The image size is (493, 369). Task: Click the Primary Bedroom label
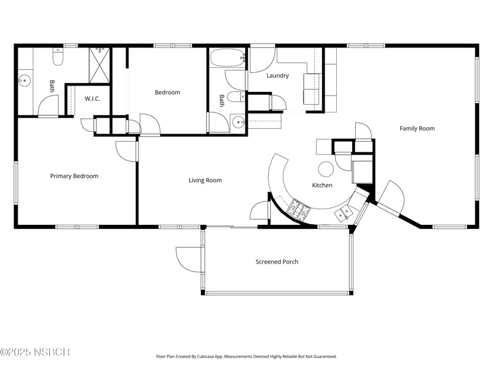coord(74,176)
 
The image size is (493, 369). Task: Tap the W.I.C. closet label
coord(92,98)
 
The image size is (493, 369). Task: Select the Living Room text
coord(205,180)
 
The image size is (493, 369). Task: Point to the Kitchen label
coord(322,185)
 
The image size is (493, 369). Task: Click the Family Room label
coord(417,128)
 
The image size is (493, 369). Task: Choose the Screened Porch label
coord(276,261)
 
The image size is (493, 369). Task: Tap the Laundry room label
coord(278,76)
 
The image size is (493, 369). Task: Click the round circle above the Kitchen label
coord(326,170)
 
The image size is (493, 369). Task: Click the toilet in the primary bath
coord(58,57)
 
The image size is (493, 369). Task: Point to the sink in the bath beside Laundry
coord(238,122)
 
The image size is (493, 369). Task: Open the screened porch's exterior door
coord(188,258)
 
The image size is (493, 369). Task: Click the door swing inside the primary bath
coord(48,106)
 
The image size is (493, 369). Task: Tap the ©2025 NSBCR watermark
coord(35,352)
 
